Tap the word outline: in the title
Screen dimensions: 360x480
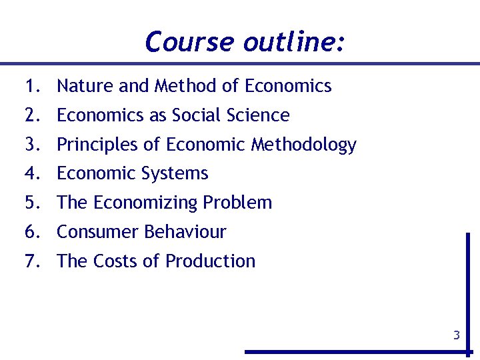[x=294, y=42]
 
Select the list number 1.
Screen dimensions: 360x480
[x=31, y=86]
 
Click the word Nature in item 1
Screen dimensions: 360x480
[x=83, y=86]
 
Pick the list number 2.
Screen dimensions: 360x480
[x=31, y=115]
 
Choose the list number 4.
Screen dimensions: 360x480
[x=31, y=173]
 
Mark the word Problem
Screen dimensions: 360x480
[x=241, y=203]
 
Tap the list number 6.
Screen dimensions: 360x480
[x=31, y=232]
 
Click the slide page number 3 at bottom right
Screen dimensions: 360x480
[x=457, y=335]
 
